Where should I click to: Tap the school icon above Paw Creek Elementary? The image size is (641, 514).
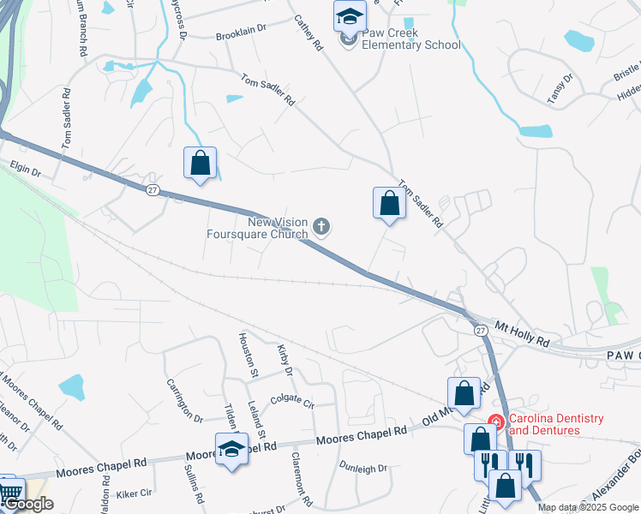click(349, 15)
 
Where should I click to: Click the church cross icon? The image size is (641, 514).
click(321, 227)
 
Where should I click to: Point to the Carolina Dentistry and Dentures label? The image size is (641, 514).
click(556, 425)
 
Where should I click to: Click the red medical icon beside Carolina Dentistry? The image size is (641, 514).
click(495, 420)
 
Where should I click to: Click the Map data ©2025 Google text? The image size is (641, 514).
click(588, 508)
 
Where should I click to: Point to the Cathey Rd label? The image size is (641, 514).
click(307, 32)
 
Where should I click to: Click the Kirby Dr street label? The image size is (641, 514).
click(285, 360)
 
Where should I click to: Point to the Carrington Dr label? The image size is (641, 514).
click(183, 401)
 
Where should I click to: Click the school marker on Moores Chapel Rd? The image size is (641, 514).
click(231, 448)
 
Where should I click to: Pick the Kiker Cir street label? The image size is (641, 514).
click(134, 493)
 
